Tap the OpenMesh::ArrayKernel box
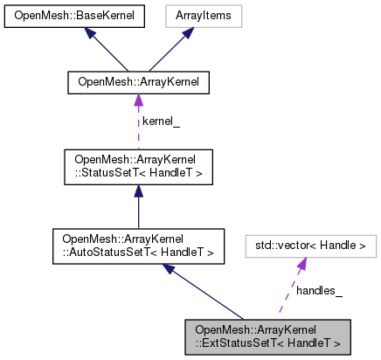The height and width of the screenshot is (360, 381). pyautogui.click(x=137, y=82)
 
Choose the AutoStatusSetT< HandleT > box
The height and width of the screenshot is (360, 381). pyautogui.click(x=138, y=244)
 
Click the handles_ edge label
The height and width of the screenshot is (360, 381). pyautogui.click(x=320, y=289)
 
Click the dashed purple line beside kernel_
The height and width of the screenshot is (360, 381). pyautogui.click(x=137, y=131)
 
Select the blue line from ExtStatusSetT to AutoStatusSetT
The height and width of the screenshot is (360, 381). pyautogui.click(x=210, y=294)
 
